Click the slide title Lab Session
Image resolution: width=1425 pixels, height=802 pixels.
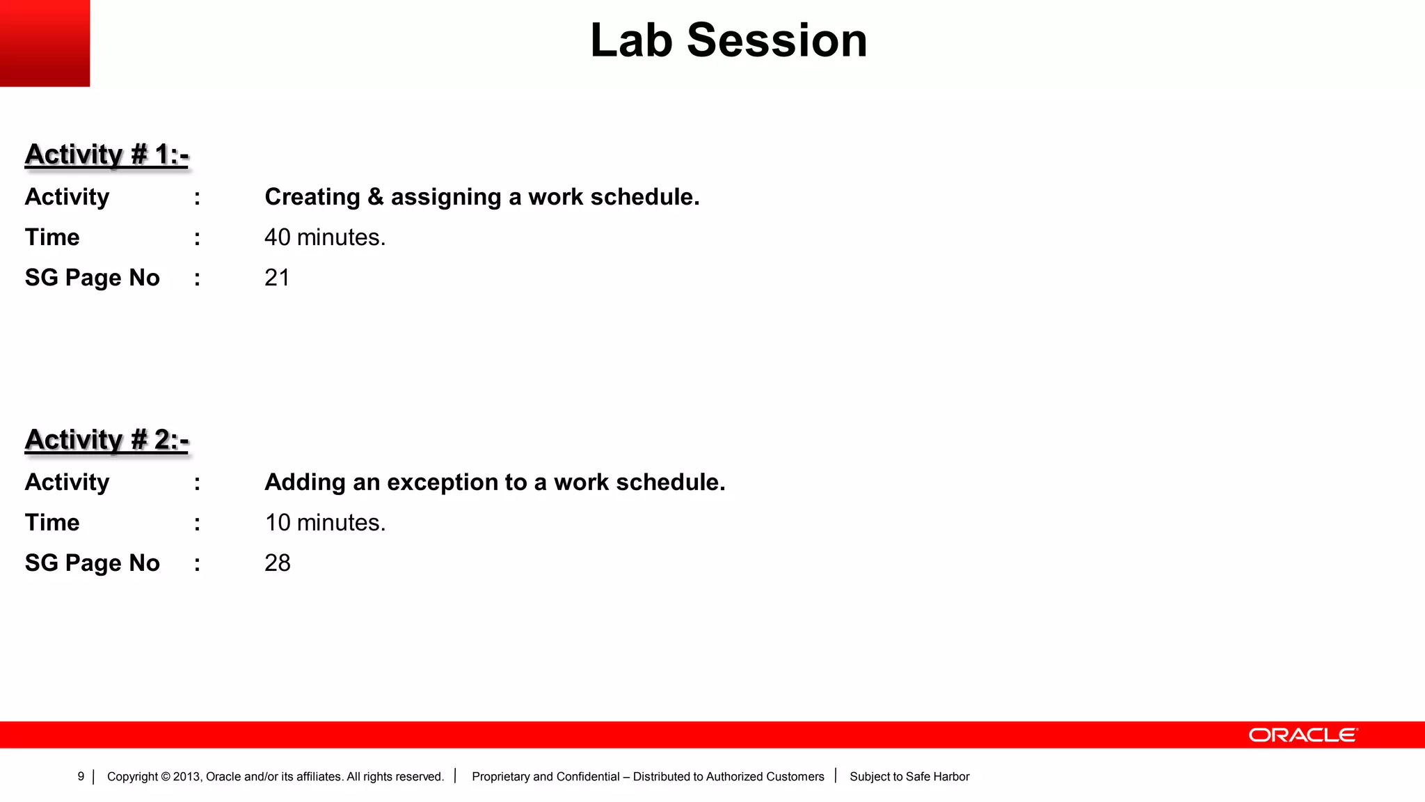(729, 40)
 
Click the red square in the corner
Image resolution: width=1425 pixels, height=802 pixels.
(45, 43)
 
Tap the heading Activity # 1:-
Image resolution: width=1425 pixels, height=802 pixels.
(106, 155)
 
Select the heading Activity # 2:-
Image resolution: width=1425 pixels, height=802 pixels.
(106, 440)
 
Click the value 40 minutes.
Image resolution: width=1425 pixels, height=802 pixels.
(324, 237)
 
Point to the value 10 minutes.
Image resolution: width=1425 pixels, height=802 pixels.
(324, 523)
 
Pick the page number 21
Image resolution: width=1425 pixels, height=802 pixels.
(277, 278)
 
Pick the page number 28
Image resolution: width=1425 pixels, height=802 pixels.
(277, 563)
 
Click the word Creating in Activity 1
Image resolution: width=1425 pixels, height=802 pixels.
(312, 197)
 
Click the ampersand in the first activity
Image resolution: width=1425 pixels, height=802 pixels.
(376, 197)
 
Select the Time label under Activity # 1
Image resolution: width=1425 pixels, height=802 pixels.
(52, 237)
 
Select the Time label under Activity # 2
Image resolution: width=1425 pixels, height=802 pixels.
(52, 523)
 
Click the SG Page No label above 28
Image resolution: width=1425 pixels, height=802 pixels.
(92, 563)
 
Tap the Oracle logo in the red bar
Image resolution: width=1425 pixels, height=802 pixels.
(1303, 735)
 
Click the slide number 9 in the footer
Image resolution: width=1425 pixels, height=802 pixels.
(81, 776)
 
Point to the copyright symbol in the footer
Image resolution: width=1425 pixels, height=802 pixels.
(166, 777)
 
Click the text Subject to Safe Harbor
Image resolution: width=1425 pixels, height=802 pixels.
(909, 776)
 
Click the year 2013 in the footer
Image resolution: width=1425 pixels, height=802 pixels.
(186, 776)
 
